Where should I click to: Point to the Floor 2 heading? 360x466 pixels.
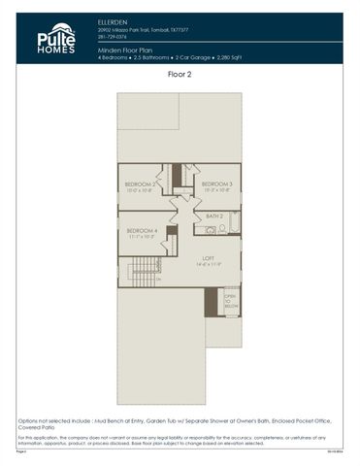[x=180, y=73]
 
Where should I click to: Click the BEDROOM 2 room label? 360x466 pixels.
[x=141, y=184]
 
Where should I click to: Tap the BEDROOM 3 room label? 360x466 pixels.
[x=216, y=184]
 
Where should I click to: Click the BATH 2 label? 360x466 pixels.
[x=214, y=216]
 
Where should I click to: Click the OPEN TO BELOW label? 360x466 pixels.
[x=230, y=301]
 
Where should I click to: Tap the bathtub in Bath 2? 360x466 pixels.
[x=229, y=230]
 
